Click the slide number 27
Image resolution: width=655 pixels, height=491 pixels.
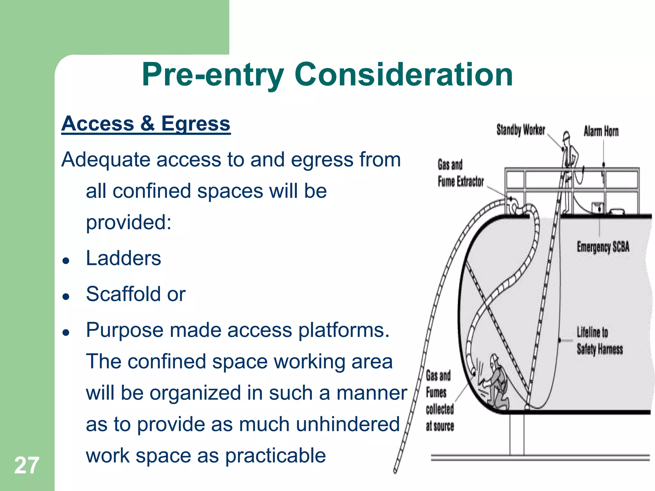click(x=27, y=465)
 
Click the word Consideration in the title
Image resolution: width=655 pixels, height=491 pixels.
click(x=403, y=75)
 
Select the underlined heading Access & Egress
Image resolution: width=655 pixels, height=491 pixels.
click(x=146, y=124)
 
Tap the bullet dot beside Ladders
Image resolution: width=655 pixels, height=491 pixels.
click(x=66, y=261)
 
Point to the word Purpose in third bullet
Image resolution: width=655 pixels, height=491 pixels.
click(x=124, y=330)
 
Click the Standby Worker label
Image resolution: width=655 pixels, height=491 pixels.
click(x=520, y=130)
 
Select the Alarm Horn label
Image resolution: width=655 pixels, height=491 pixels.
click(x=601, y=131)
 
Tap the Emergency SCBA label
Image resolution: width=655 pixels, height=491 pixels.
click(x=603, y=247)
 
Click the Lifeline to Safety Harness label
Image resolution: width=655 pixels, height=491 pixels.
click(x=599, y=341)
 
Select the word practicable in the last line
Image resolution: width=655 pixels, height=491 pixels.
click(x=275, y=456)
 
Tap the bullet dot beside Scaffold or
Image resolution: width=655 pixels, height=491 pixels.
click(x=66, y=296)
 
